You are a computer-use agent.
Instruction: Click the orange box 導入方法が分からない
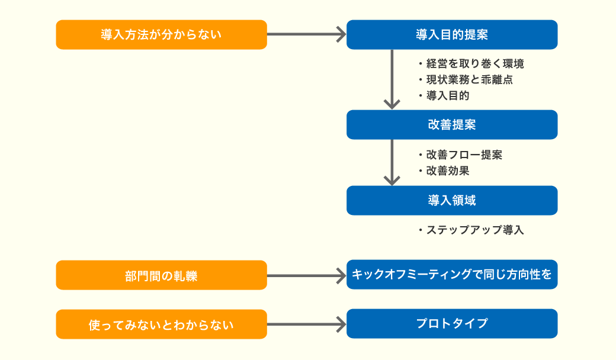point(162,34)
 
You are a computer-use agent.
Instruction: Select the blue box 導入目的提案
point(452,34)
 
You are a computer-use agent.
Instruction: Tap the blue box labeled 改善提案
point(452,124)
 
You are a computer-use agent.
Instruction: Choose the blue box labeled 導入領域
point(452,200)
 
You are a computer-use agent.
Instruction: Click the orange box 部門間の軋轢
point(162,275)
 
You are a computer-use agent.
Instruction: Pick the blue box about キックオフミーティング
point(452,274)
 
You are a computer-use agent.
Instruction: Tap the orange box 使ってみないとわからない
point(162,324)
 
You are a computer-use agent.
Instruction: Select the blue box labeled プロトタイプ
point(452,323)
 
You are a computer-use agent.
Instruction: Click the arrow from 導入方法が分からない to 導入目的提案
point(306,34)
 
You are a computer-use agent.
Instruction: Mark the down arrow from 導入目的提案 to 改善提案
point(392,79)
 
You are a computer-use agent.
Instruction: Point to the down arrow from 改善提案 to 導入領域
point(392,162)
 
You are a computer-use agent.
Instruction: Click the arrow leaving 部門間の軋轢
point(306,275)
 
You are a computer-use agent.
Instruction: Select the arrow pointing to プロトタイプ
point(306,324)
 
